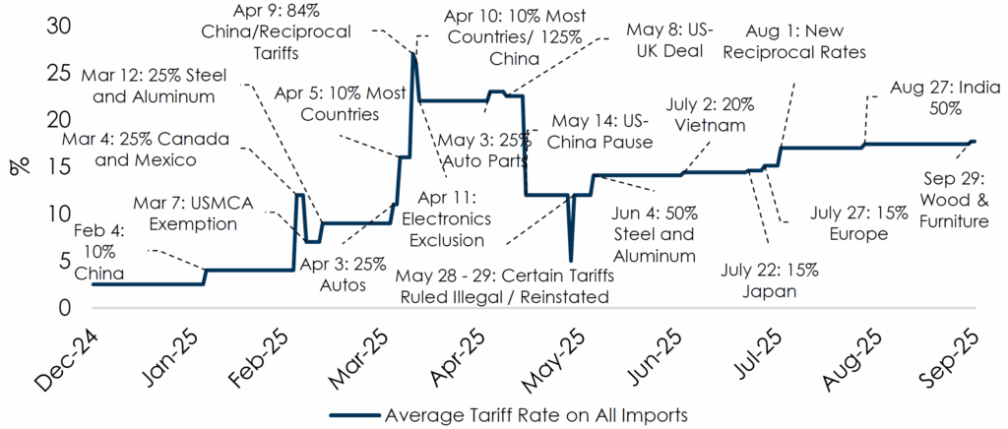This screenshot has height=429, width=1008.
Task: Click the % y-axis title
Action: click(20, 165)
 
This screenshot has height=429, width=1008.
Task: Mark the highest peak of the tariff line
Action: click(413, 56)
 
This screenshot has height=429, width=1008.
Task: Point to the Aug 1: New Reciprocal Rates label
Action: click(794, 40)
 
